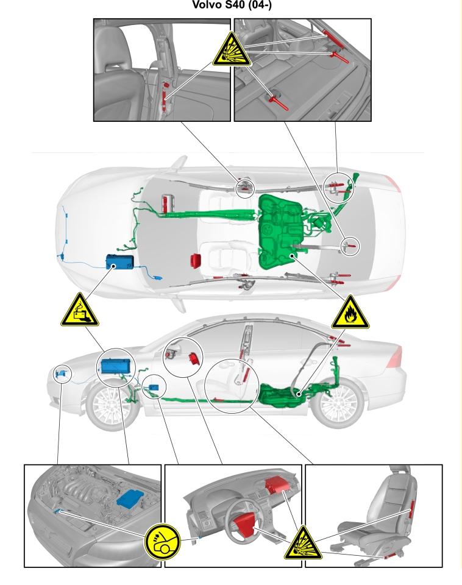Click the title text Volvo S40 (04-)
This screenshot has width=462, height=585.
click(x=232, y=5)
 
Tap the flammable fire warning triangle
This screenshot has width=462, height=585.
click(x=350, y=313)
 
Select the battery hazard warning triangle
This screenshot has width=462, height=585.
click(x=80, y=310)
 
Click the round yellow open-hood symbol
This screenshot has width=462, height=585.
click(x=162, y=542)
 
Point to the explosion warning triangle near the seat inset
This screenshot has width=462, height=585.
click(x=303, y=544)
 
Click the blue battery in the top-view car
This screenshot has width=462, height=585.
click(x=120, y=261)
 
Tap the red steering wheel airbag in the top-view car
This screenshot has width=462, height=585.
click(x=196, y=260)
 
